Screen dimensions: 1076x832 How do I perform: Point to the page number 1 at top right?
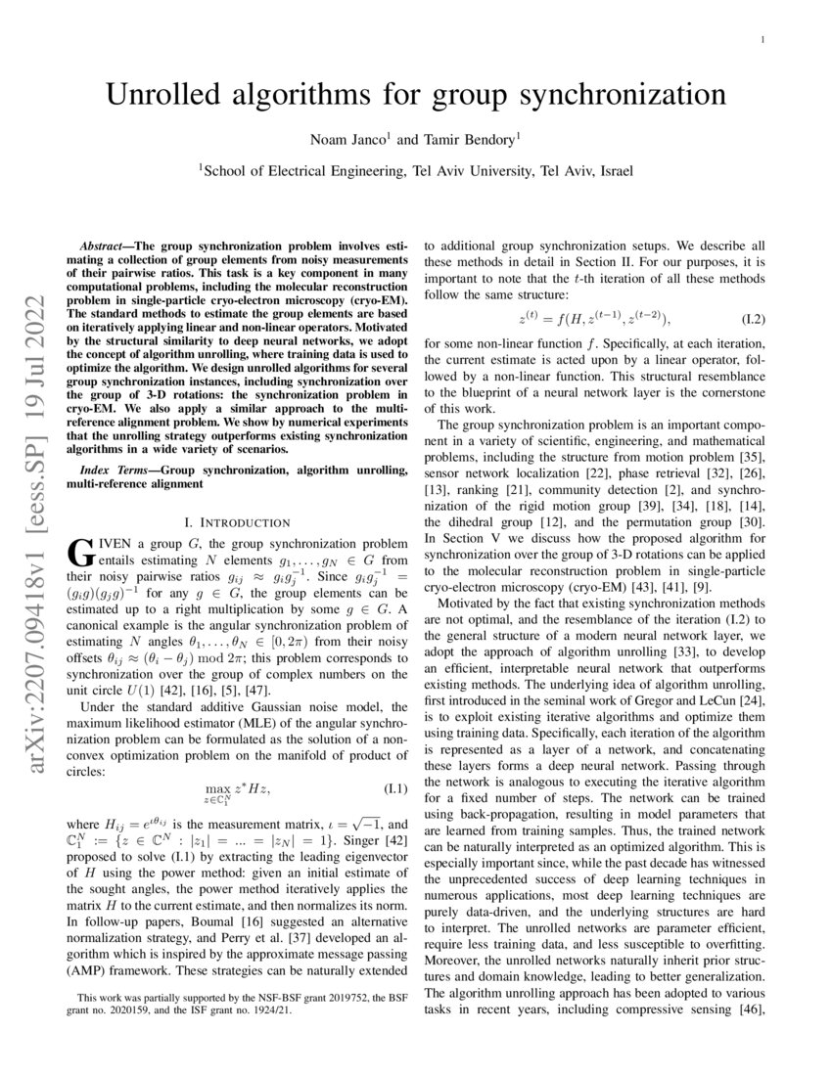click(x=762, y=39)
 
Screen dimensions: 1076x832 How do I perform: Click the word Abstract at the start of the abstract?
click(x=103, y=241)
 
